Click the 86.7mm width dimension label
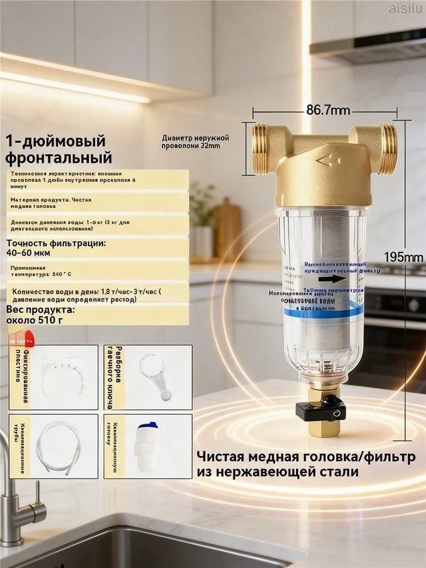tap(328, 110)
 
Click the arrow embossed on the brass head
tap(328, 161)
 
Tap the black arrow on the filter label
tap(333, 279)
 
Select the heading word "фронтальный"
tap(59, 157)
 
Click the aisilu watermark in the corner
tap(405, 7)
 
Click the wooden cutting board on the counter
tap(228, 227)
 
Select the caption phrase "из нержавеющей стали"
tap(278, 471)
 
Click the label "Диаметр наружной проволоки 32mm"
tap(195, 141)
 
